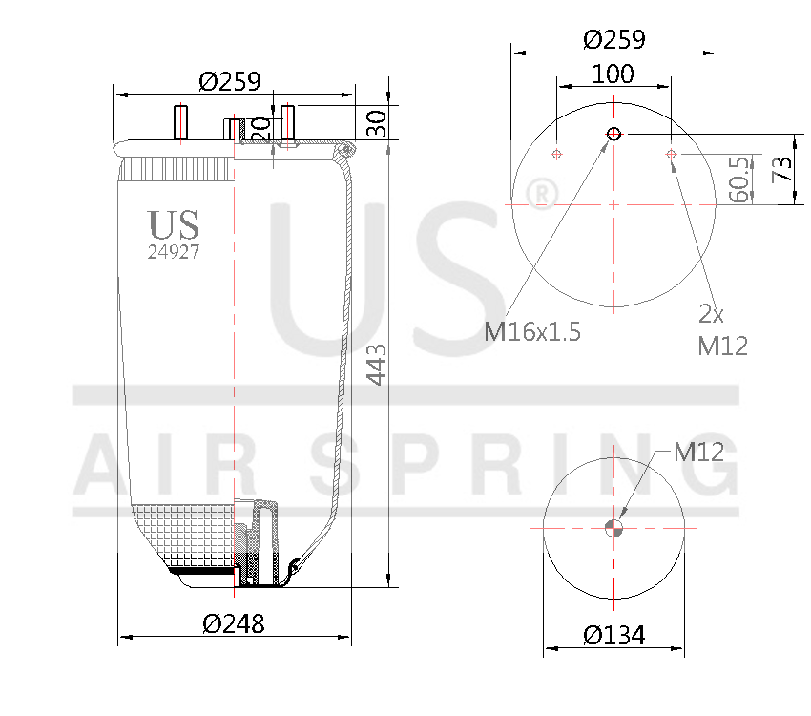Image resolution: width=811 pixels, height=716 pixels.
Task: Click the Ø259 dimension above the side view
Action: pos(229,81)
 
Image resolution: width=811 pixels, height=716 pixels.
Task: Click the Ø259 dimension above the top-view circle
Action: pos(613,39)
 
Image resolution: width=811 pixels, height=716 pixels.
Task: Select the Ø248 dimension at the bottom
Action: pos(234,624)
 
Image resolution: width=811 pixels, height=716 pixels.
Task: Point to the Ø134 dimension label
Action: pos(613,634)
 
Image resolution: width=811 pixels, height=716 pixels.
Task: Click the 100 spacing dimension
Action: pos(613,74)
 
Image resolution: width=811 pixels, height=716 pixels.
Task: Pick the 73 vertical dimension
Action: pos(782,170)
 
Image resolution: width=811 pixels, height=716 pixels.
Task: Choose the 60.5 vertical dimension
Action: pos(737,179)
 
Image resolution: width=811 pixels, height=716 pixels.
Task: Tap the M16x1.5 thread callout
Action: pos(532,332)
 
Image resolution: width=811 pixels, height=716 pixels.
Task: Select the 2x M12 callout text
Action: pos(722,329)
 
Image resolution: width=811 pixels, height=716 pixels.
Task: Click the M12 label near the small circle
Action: pos(698,453)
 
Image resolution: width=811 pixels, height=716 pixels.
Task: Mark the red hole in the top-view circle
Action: pos(613,134)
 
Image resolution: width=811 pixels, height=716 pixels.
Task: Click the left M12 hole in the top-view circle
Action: pos(558,154)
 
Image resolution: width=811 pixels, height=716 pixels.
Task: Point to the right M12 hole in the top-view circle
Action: pos(671,154)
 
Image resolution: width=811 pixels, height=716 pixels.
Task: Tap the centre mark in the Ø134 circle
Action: pos(613,528)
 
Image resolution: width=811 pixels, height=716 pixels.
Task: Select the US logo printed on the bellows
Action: pos(174,225)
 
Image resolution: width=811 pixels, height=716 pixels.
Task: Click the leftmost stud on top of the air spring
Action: pos(178,122)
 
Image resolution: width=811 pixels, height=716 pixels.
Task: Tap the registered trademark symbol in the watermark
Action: pos(542,195)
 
